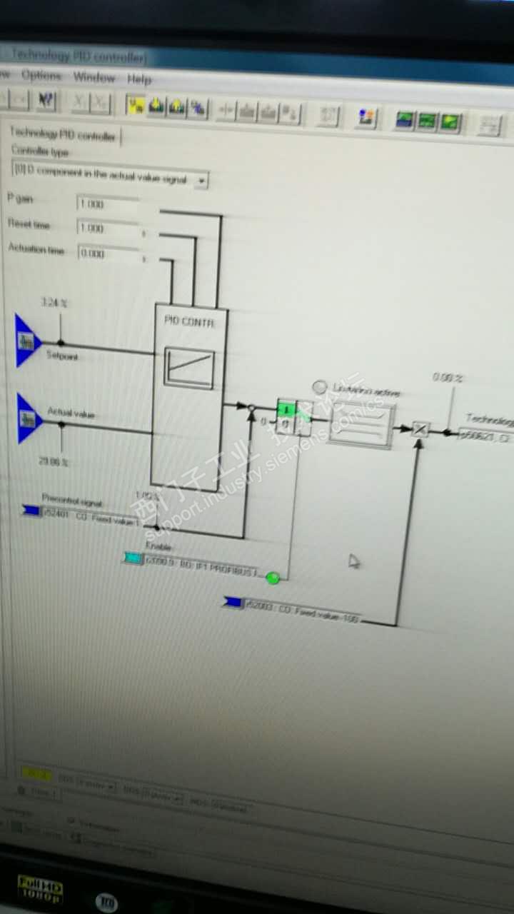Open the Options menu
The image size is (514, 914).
[41, 75]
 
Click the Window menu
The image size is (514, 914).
[94, 77]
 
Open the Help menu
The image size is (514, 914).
[139, 79]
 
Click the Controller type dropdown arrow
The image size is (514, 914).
[201, 181]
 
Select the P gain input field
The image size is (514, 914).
[107, 204]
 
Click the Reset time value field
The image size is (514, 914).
[107, 228]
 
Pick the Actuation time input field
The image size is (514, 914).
[107, 253]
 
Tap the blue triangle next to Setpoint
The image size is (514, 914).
[27, 341]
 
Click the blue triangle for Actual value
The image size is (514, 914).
[29, 418]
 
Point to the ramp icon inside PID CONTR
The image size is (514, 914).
[189, 367]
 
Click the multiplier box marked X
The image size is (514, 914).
[420, 429]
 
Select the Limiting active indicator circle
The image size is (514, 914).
[319, 387]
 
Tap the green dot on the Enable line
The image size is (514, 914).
[272, 578]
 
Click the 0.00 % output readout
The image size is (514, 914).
[448, 377]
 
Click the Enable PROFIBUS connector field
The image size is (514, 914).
[200, 565]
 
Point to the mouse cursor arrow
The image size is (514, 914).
[353, 562]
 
